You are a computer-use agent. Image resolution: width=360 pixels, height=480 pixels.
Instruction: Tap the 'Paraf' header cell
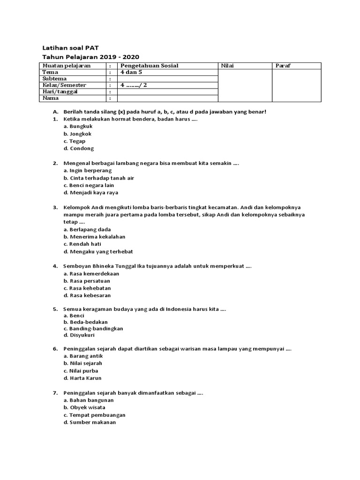(x=284, y=66)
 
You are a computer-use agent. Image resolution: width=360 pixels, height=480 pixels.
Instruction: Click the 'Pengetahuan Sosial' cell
(x=149, y=66)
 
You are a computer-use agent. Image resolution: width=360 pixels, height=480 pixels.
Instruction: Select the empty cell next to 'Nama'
(x=167, y=98)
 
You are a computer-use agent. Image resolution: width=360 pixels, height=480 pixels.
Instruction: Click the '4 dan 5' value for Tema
(x=130, y=72)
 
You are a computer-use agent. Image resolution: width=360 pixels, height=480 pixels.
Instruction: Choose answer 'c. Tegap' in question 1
(x=75, y=141)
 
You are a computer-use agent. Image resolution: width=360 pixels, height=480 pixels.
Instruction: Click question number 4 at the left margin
(x=55, y=266)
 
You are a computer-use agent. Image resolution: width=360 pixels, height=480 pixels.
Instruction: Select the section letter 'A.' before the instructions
(x=55, y=112)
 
